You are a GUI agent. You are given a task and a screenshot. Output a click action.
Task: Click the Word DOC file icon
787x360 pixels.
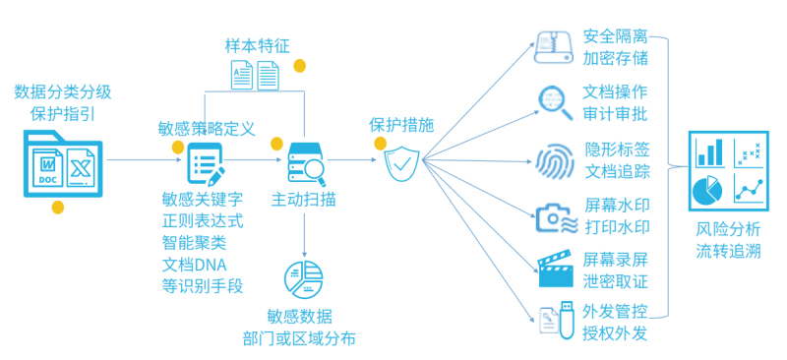(x=47, y=167)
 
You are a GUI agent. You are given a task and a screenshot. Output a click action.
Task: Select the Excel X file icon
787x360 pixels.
(x=81, y=167)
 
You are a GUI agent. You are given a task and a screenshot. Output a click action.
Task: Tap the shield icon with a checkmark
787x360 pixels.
(x=402, y=164)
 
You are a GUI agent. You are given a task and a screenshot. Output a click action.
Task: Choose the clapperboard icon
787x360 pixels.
(x=555, y=269)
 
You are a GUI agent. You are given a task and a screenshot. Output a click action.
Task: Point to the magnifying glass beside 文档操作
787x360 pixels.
(x=556, y=103)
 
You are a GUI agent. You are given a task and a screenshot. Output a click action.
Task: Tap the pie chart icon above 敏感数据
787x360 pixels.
(x=304, y=278)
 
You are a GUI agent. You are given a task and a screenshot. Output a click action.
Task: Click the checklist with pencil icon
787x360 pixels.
(x=206, y=163)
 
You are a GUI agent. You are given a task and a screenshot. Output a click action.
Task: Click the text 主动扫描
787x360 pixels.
(x=303, y=200)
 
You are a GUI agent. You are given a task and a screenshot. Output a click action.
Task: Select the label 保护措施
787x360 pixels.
(x=401, y=126)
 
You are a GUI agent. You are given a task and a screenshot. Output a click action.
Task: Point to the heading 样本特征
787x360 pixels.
(x=257, y=46)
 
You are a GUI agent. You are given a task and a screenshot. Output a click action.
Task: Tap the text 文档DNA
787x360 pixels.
(x=195, y=265)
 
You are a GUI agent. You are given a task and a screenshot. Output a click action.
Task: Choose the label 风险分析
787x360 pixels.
(x=728, y=229)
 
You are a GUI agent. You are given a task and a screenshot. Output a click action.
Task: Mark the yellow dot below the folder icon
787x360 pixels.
(x=58, y=207)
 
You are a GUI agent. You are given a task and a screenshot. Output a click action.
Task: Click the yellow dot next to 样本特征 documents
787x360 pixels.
(x=300, y=66)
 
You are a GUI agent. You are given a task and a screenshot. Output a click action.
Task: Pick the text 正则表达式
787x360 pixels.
(x=203, y=221)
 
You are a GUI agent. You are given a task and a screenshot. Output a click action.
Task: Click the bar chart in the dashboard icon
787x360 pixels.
(x=709, y=152)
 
